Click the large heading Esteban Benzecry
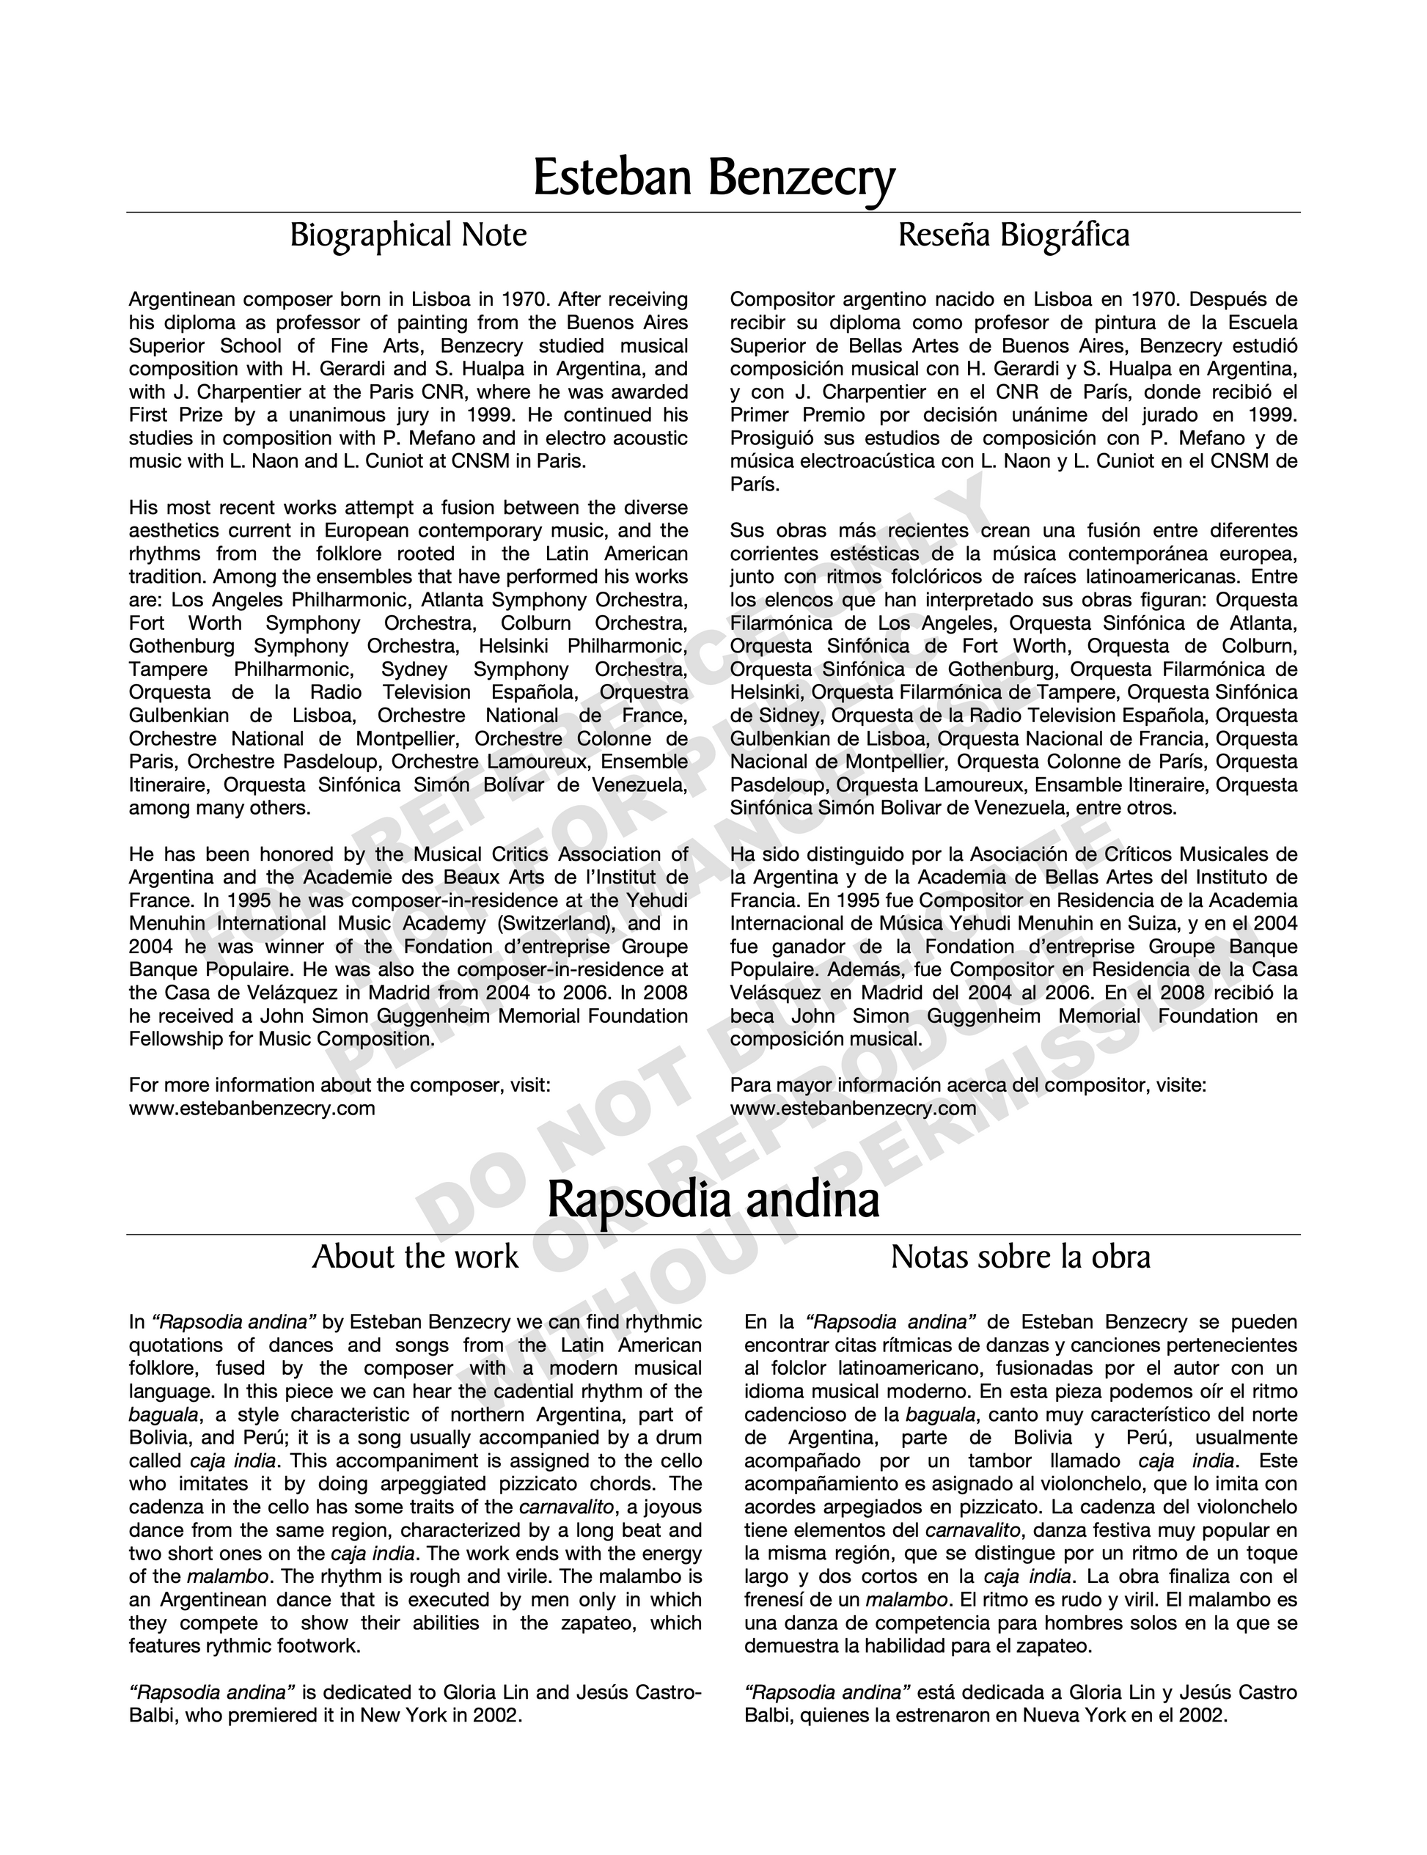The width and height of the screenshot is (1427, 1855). (x=713, y=177)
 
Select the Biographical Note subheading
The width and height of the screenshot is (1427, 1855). (x=408, y=235)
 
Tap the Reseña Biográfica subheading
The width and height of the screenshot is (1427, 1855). (x=1014, y=235)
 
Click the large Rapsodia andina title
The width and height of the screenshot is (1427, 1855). (x=713, y=1200)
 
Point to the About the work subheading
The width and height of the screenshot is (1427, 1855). (x=414, y=1257)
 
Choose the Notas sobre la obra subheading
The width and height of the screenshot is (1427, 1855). (x=1020, y=1257)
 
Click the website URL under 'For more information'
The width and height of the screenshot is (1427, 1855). (x=252, y=1109)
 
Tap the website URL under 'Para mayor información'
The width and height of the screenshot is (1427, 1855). (x=853, y=1109)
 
